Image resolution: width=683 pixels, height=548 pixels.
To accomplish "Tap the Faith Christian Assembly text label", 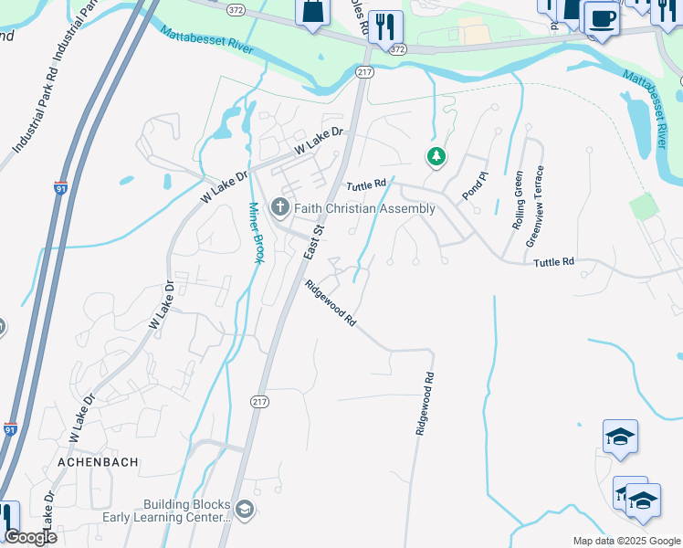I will coord(364,208).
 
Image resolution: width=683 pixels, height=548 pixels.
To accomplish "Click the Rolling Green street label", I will coord(519,200).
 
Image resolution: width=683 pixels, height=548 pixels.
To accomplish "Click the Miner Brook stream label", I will coord(256,232).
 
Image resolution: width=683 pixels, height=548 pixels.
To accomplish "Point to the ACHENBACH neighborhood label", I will coord(98,462).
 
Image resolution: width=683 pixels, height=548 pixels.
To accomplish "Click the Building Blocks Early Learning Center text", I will coord(187,511).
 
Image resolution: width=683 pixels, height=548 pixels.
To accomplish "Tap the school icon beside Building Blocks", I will coord(244,510).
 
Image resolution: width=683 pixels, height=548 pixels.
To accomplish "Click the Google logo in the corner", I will coord(30,536).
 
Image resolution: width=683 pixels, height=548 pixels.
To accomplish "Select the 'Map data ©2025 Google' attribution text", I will coord(627,541).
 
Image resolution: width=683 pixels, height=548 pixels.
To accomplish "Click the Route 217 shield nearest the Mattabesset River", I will coord(365,72).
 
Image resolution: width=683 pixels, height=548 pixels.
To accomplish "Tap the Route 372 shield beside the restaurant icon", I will coord(395,51).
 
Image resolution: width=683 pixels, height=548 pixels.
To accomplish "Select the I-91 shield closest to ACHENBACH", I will coord(10,428).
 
